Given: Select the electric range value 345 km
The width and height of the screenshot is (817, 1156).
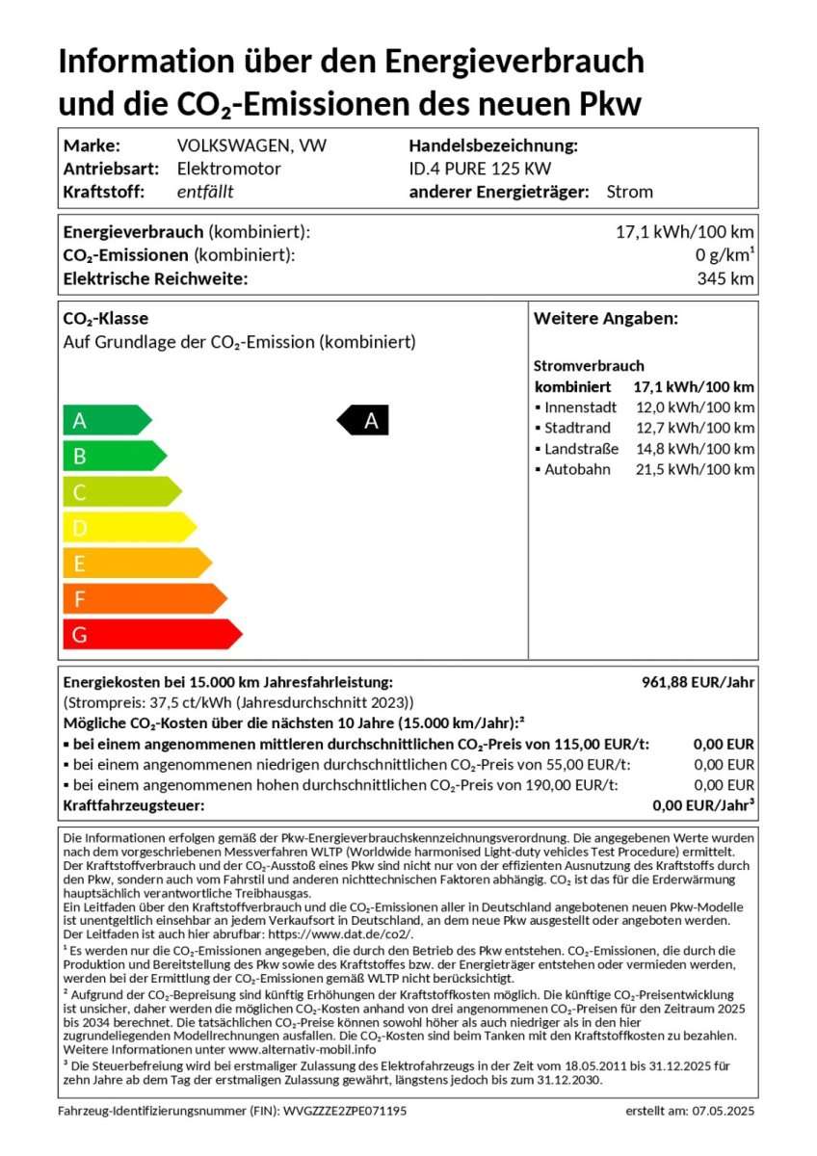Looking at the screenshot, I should click(x=725, y=279).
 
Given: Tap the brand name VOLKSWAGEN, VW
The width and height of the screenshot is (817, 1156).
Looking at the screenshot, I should click(x=251, y=145).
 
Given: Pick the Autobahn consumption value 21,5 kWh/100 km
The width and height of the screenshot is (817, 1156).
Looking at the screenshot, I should click(x=693, y=469).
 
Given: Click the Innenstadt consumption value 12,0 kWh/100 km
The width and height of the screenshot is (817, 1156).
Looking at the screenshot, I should click(x=693, y=407).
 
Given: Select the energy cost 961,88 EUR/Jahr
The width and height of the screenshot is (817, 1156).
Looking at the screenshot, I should click(x=698, y=682).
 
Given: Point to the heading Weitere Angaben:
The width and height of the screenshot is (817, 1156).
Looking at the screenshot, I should click(x=606, y=319).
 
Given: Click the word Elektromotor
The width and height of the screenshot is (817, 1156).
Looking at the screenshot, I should click(x=229, y=169).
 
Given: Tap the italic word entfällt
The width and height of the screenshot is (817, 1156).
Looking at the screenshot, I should click(x=205, y=192).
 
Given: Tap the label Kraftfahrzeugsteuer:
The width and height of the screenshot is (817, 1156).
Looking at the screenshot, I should click(x=134, y=805).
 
